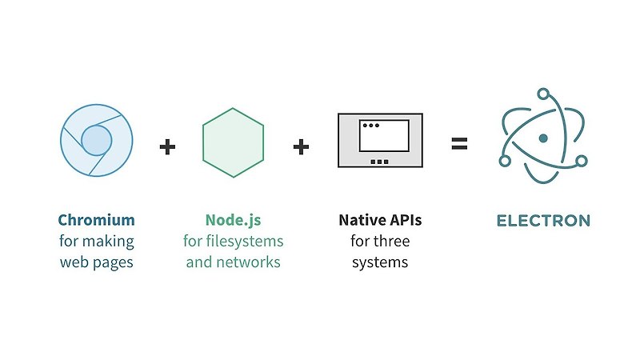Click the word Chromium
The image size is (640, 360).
coord(96,220)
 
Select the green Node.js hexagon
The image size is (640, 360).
coord(233,142)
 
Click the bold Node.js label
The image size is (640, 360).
coord(233,220)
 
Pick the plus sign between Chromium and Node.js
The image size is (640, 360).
coord(167,146)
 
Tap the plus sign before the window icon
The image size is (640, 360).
coord(301,146)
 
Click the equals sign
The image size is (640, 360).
coord(458,146)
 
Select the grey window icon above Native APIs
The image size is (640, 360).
coord(379,140)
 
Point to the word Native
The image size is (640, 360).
coord(360,220)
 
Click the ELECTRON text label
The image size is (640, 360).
coord(543,221)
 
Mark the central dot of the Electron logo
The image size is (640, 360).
coord(543,138)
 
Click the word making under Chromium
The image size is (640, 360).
coord(110,241)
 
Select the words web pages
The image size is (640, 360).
coord(96,262)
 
